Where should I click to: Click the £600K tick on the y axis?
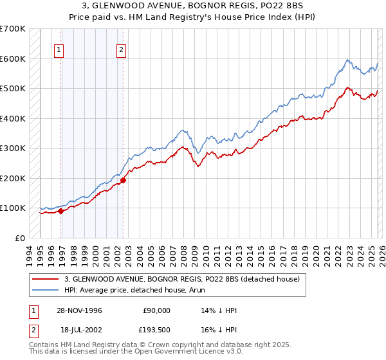pyautogui.click(x=13, y=59)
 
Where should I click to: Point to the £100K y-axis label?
pyautogui.click(x=13, y=208)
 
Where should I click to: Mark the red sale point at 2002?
pyautogui.click(x=123, y=180)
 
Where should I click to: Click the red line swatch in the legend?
pyautogui.click(x=45, y=280)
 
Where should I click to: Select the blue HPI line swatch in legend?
pyautogui.click(x=45, y=291)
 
